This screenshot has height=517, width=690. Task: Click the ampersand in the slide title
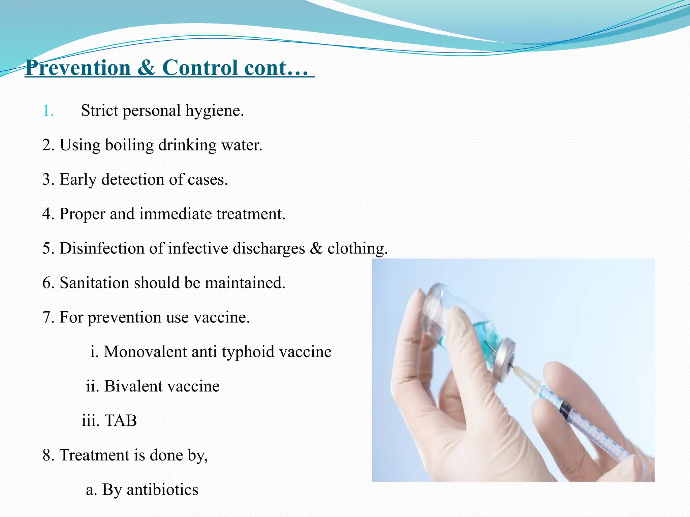click(x=146, y=68)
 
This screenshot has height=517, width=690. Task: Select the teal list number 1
click(x=48, y=111)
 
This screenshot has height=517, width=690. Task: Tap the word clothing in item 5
click(x=357, y=248)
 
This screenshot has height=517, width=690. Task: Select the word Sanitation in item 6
click(x=94, y=283)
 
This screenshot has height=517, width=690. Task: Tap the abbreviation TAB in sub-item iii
click(x=121, y=421)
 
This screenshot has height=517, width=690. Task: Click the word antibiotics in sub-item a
click(x=162, y=490)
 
